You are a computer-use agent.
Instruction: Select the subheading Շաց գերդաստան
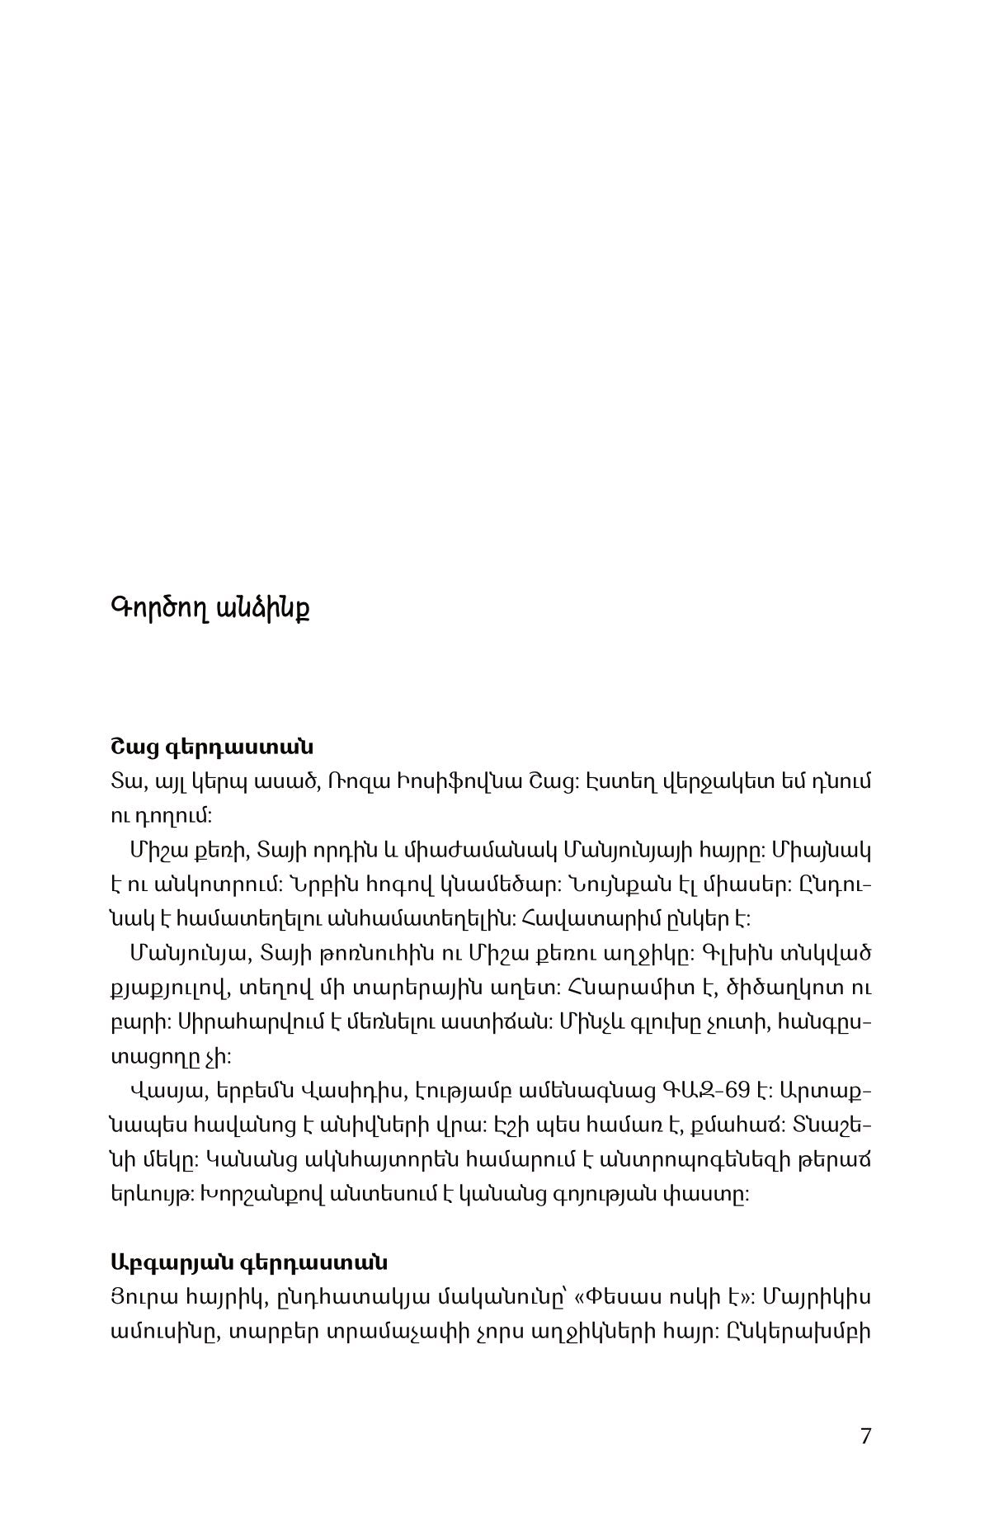pyautogui.click(x=211, y=748)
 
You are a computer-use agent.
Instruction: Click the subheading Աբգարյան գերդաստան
pyautogui.click(x=248, y=1263)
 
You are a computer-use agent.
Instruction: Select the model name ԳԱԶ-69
pyautogui.click(x=706, y=1091)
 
